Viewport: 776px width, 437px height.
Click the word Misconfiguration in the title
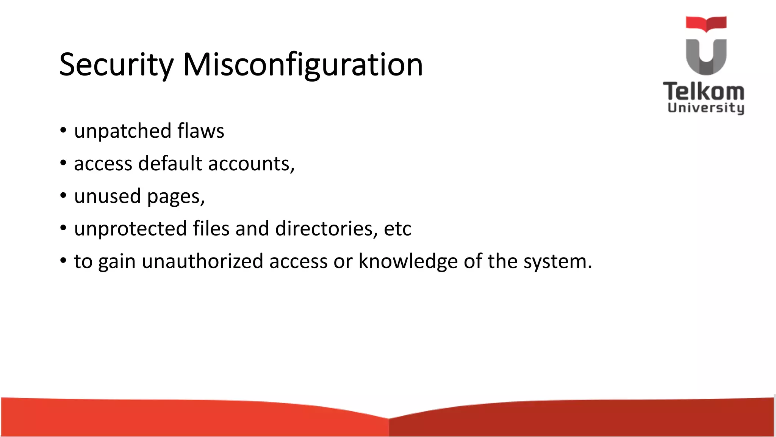[x=303, y=64]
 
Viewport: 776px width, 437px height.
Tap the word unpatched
[x=123, y=131]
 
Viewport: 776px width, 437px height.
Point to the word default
[x=170, y=163]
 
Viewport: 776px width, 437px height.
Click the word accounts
[x=250, y=164]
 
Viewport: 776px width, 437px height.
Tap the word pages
[x=175, y=197]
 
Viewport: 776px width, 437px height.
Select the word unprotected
[x=130, y=229]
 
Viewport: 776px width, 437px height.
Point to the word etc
[x=397, y=229]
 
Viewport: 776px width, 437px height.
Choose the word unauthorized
[x=202, y=261]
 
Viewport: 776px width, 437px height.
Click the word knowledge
[x=408, y=261]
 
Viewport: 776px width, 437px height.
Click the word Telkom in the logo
[x=704, y=92]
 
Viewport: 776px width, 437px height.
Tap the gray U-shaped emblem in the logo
[x=706, y=57]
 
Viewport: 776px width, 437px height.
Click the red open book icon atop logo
[x=706, y=24]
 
